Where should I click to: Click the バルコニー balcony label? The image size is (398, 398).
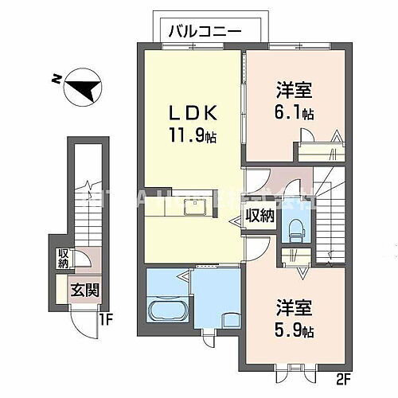[204, 31]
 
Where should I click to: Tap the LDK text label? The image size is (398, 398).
[193, 113]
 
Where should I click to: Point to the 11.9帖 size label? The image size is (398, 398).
[193, 136]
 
